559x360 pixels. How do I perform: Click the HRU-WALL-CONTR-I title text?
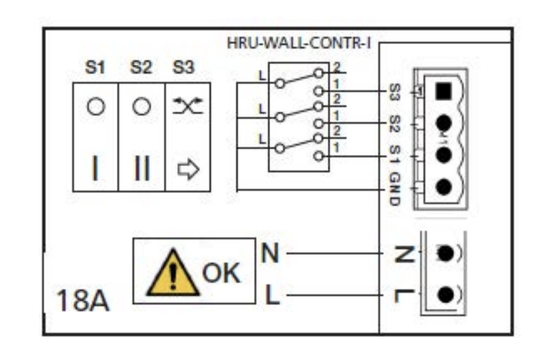click(299, 43)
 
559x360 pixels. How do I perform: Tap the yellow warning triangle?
click(173, 273)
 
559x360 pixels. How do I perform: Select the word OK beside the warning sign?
click(221, 273)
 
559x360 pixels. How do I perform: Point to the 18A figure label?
click(83, 300)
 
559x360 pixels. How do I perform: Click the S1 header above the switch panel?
click(95, 67)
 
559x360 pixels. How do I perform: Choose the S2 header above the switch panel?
click(141, 67)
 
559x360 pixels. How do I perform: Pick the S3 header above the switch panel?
click(184, 67)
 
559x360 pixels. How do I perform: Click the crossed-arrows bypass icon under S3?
click(188, 106)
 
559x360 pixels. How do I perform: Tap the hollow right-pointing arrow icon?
click(189, 169)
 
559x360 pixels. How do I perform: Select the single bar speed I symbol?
click(95, 168)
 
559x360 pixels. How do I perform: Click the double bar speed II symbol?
click(142, 168)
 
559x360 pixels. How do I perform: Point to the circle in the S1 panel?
click(96, 106)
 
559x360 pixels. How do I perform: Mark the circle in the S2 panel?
click(142, 106)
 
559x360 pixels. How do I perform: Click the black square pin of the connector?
click(443, 91)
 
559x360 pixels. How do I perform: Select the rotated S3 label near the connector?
click(395, 92)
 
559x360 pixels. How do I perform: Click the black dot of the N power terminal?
click(445, 254)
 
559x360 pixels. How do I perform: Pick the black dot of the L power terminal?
click(445, 295)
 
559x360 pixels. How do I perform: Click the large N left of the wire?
click(270, 253)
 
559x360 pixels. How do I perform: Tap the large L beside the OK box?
click(272, 294)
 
